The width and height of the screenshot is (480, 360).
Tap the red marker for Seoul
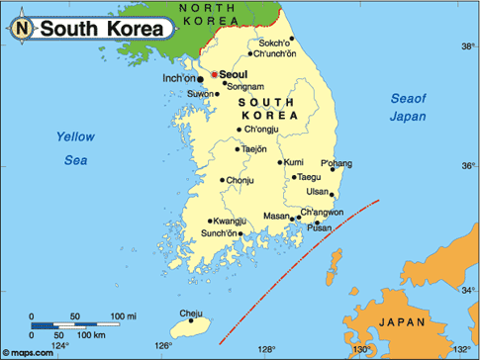click(x=213, y=74)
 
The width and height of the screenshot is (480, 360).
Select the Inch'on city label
click(x=178, y=77)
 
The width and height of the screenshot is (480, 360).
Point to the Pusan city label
click(x=319, y=227)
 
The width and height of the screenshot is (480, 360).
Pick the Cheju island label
click(x=189, y=314)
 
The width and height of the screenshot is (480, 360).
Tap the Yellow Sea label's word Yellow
click(x=73, y=136)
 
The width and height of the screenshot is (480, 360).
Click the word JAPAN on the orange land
click(x=405, y=322)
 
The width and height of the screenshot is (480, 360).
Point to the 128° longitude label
click(x=265, y=349)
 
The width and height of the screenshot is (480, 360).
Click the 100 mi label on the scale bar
click(x=124, y=315)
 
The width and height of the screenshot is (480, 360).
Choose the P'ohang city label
click(x=336, y=162)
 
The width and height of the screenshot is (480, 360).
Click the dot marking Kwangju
click(x=210, y=221)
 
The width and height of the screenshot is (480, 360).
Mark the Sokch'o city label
click(x=275, y=44)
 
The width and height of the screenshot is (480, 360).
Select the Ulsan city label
click(x=317, y=191)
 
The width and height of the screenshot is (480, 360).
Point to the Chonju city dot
click(x=223, y=180)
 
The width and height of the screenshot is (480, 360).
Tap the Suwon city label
click(x=201, y=95)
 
